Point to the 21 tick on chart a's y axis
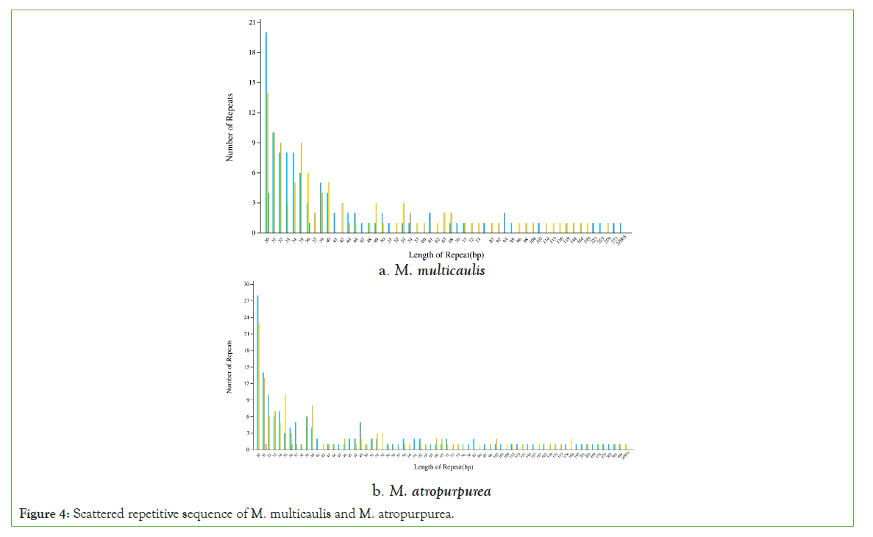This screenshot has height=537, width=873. coord(252,23)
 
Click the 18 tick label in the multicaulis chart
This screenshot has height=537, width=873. coord(252,53)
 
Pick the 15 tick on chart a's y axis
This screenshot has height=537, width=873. coord(252,82)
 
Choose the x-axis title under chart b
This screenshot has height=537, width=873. coord(442,467)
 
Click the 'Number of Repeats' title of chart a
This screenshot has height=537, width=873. coord(229,127)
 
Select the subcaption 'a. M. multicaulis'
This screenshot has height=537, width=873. coord(432,271)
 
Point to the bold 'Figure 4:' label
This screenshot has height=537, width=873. coord(45,513)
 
